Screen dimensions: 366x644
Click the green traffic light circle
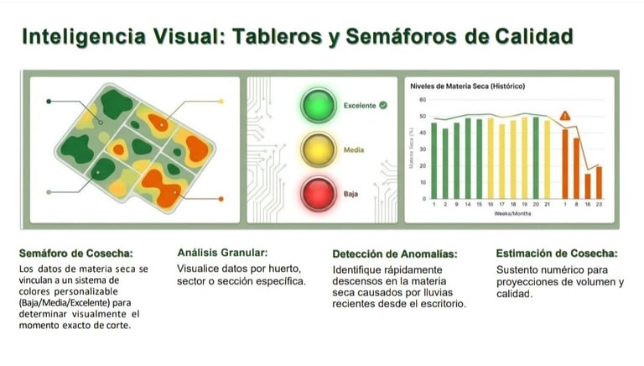click(319, 106)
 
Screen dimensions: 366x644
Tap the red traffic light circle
click(319, 194)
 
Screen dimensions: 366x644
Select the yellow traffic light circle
click(319, 150)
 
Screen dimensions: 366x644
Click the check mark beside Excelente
click(382, 106)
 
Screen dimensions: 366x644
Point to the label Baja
click(351, 194)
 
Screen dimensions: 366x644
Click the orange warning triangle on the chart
click(565, 115)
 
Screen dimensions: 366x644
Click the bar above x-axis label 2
click(445, 163)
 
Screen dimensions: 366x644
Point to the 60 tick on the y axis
click(423, 100)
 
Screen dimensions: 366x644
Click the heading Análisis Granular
click(222, 252)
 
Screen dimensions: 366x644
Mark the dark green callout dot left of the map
click(49, 101)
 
